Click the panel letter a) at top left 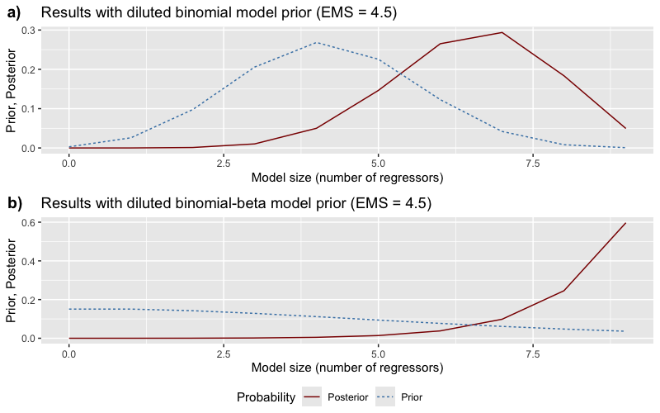pos(15,13)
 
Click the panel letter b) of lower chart pos(15,203)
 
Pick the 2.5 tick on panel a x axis pos(224,164)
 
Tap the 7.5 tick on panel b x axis pos(533,354)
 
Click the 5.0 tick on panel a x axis pos(378,164)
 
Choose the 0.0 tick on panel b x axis pos(69,354)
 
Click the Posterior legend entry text pos(346,397)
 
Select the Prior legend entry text pos(412,397)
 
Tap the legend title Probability pos(266,397)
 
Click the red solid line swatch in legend pos(313,397)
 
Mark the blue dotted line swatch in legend pos(385,397)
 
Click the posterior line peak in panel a pos(502,33)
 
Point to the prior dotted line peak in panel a pos(316,42)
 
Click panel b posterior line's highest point pos(625,223)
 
